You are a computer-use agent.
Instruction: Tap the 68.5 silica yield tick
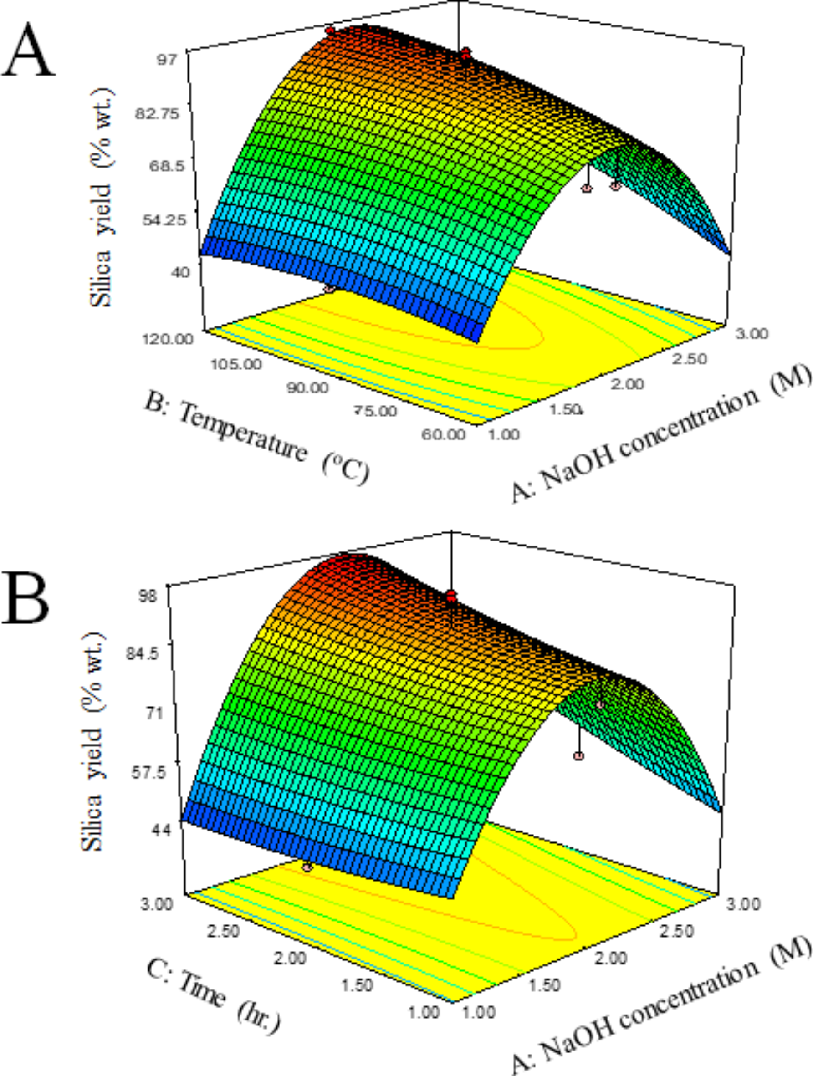(x=167, y=166)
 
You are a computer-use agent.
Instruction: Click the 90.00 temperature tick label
(x=307, y=388)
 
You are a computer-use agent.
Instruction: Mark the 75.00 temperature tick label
(x=375, y=411)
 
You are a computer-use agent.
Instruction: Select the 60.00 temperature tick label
(x=443, y=434)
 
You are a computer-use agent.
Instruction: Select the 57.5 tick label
(x=148, y=772)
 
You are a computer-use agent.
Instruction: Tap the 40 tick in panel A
(x=180, y=272)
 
